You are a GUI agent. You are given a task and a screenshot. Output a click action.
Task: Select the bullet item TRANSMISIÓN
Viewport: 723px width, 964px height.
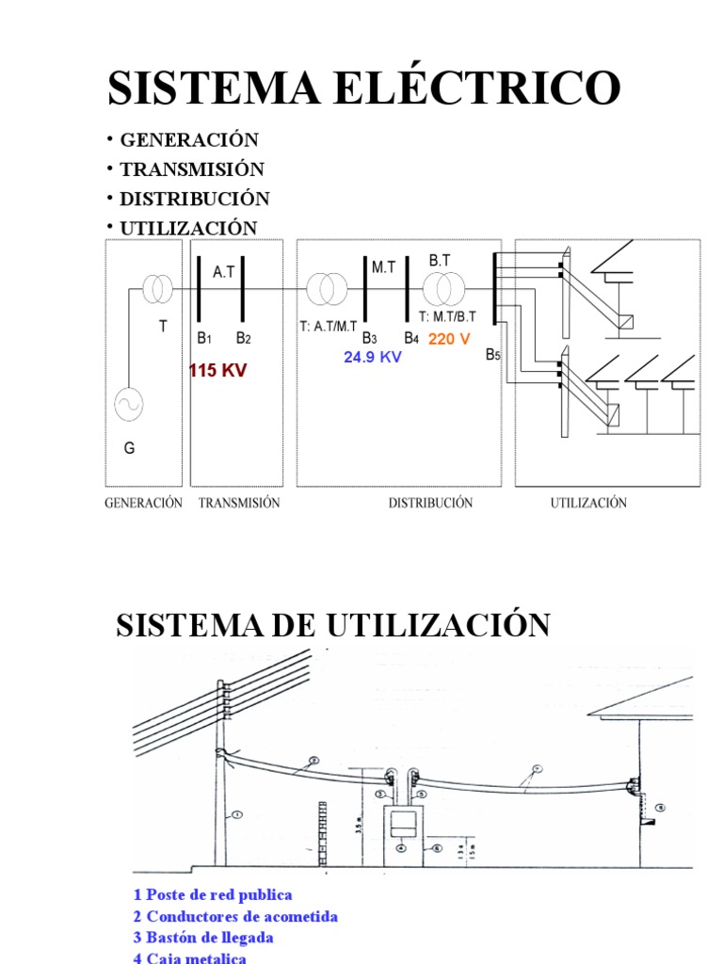(192, 169)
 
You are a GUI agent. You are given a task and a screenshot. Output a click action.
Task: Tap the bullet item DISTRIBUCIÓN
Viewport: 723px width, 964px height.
(195, 199)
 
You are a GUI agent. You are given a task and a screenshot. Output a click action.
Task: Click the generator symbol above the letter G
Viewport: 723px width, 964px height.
(128, 405)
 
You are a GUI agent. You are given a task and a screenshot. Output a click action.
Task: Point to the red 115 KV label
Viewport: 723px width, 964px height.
(217, 371)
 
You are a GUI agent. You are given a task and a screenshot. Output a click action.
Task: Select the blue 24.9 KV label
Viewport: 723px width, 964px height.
(373, 358)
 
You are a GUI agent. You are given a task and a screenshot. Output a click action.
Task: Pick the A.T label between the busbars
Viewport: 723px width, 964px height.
(224, 272)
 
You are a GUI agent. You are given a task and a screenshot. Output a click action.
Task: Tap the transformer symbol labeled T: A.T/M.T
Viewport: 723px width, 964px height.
(326, 289)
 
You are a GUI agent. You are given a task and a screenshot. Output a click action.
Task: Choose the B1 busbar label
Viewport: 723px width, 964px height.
(205, 338)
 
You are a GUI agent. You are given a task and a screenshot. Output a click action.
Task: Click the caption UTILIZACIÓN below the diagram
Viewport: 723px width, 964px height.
(588, 503)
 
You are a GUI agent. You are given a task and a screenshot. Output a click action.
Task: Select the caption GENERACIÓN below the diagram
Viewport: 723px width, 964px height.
(142, 503)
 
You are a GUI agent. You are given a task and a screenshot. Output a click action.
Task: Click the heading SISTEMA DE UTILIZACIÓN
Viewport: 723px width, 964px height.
(332, 625)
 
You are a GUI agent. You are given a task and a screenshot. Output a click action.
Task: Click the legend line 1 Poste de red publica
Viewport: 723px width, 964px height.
(213, 894)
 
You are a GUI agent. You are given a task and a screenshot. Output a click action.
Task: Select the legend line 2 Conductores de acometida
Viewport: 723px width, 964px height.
(235, 916)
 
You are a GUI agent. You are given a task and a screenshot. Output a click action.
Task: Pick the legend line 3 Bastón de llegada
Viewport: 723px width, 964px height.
(203, 938)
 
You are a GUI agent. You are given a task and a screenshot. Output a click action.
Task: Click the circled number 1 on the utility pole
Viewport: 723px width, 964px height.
(237, 815)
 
